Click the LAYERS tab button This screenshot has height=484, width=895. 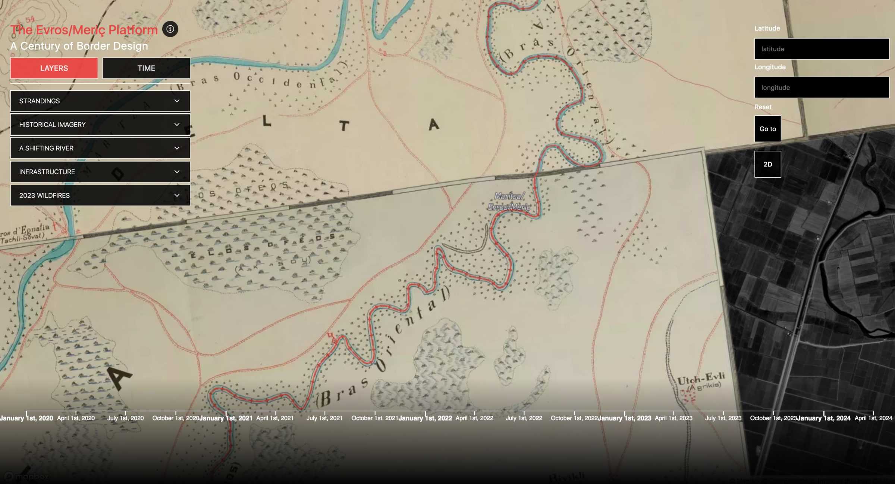point(54,68)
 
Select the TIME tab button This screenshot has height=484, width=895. point(146,68)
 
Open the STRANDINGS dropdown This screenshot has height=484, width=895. point(100,101)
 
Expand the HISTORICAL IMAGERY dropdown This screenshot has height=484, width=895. point(100,125)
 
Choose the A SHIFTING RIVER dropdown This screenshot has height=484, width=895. point(100,148)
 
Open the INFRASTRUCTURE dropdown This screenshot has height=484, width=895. point(100,172)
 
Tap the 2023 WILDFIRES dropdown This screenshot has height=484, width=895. point(100,196)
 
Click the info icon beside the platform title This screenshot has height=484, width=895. point(170,29)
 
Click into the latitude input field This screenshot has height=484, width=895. point(822,49)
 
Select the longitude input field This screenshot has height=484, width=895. point(822,88)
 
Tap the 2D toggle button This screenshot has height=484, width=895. point(767,164)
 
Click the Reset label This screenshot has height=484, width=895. point(763,107)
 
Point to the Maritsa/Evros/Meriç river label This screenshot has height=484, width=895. point(509,202)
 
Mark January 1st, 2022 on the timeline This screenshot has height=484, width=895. point(425,418)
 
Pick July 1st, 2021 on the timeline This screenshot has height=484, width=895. point(325,418)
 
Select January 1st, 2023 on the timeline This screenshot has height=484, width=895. point(625,418)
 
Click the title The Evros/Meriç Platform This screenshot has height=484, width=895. point(84,30)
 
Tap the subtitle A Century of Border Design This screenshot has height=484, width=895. point(79,46)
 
